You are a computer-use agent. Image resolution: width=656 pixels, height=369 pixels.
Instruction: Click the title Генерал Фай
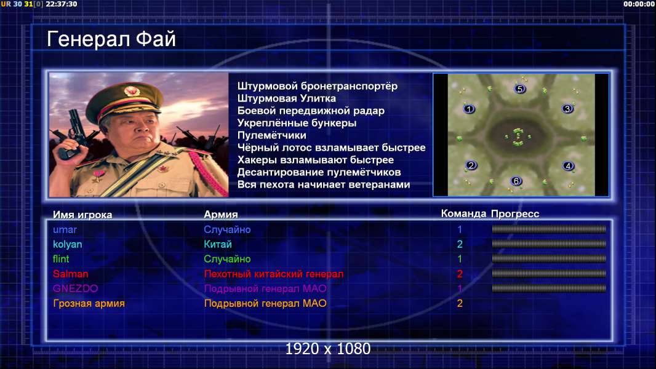pos(111,39)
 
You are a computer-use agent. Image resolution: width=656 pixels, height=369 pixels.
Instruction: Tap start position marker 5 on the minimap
pos(519,89)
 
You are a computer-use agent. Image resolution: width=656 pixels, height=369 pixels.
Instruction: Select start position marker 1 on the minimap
pos(469,109)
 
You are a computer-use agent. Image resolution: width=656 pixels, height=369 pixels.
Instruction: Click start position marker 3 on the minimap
pos(567,109)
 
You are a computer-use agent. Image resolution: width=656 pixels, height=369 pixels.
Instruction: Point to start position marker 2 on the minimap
pos(471,165)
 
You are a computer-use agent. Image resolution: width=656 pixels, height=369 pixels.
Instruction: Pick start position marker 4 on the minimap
pos(568,166)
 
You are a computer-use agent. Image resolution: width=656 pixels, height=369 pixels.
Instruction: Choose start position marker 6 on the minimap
pos(516,181)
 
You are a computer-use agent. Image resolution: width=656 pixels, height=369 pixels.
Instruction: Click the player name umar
pos(65,230)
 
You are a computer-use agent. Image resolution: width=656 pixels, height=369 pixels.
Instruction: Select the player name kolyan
pos(67,245)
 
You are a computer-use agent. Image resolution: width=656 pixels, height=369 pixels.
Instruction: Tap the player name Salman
pos(70,274)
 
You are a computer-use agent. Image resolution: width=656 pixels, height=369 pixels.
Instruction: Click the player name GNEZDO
pos(75,289)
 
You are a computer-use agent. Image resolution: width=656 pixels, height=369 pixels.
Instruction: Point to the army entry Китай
pos(218,245)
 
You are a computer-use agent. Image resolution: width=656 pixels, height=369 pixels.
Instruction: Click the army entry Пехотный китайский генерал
pos(274,274)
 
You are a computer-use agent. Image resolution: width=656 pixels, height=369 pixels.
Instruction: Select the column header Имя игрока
pos(82,215)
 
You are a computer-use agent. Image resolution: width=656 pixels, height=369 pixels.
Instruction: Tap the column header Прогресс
pos(515,214)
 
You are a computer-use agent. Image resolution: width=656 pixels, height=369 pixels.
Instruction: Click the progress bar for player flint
pos(549,259)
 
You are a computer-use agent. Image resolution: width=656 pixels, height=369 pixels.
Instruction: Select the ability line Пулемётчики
pos(272,135)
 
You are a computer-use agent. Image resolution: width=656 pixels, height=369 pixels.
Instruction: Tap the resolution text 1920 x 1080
pos(328,349)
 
